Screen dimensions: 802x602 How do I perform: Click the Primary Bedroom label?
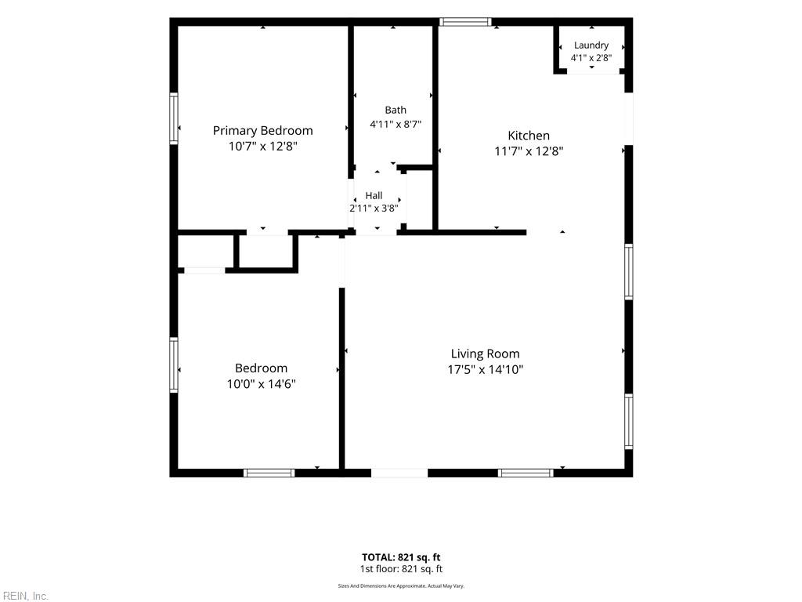pos(262,131)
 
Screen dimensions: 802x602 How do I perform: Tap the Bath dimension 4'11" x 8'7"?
pos(396,124)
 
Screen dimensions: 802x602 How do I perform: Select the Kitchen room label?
pos(529,136)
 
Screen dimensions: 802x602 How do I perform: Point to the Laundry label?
pos(591,45)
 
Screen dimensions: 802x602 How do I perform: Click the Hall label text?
pos(374,195)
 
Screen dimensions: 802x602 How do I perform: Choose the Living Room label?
pos(485,354)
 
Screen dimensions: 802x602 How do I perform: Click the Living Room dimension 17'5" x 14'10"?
pos(485,369)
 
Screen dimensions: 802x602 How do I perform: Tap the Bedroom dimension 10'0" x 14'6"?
pos(262,383)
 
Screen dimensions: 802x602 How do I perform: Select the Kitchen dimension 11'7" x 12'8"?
pos(529,151)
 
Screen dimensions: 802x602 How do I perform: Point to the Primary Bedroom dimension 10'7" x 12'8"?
pos(262,146)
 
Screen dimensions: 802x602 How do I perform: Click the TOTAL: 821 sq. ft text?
pos(401,557)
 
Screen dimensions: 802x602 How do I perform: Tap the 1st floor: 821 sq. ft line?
pos(401,569)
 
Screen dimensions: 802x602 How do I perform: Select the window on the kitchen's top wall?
pos(465,22)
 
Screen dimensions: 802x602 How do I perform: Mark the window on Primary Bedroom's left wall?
pos(174,118)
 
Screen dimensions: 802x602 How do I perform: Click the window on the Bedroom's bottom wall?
pos(269,473)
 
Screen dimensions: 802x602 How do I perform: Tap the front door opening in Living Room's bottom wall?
pos(399,473)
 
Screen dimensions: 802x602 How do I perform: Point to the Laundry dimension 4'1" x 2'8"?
pos(591,58)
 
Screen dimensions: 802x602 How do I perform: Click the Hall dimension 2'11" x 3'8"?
pos(374,209)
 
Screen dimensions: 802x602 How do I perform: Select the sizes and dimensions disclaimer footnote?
pos(401,586)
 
